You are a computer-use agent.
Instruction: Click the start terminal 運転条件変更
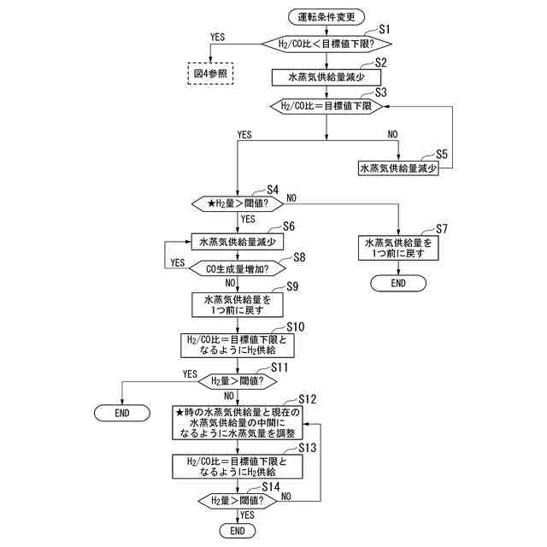point(326,16)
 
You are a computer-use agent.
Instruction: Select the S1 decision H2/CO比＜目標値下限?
point(326,43)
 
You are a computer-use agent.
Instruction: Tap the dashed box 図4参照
point(210,74)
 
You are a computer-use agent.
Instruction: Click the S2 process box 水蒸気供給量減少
point(326,76)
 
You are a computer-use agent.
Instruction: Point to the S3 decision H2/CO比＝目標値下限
point(326,106)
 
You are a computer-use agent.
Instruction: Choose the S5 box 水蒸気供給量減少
point(398,168)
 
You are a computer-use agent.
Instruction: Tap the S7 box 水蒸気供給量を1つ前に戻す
point(398,249)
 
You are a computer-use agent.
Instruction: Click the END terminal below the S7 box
point(398,283)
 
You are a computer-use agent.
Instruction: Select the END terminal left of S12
point(121,413)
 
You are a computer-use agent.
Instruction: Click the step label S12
point(307,399)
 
